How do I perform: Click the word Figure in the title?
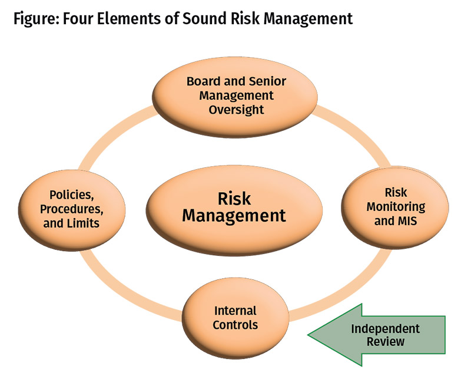[36, 18]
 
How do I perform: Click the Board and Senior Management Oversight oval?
[235, 95]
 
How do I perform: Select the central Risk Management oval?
[234, 206]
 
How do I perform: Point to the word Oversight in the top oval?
[235, 109]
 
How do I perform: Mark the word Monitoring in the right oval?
[396, 207]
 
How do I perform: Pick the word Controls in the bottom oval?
[235, 325]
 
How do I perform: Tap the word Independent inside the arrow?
[386, 328]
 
